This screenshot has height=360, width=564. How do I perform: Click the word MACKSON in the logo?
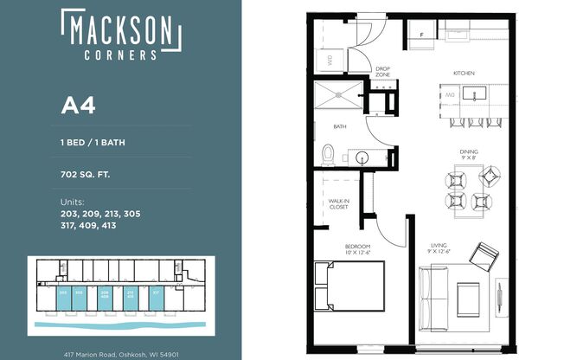[120, 30]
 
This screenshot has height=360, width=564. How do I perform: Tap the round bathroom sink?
[362, 158]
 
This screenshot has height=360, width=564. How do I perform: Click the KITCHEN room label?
[466, 74]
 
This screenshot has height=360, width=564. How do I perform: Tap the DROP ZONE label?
[384, 73]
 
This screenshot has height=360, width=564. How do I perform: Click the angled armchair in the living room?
[484, 255]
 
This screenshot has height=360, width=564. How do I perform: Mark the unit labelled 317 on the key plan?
[156, 292]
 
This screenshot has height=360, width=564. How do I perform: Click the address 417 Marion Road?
[120, 354]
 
